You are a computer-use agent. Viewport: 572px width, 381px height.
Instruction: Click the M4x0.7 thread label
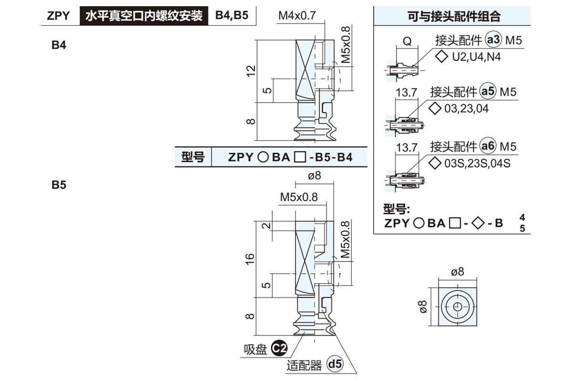(x=297, y=16)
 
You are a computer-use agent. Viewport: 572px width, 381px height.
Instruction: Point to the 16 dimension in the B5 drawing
(x=251, y=258)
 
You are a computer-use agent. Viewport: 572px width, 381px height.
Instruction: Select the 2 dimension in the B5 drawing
(x=266, y=226)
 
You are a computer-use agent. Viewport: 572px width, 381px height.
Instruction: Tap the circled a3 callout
(x=492, y=40)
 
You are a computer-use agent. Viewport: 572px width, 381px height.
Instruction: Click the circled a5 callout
(x=488, y=91)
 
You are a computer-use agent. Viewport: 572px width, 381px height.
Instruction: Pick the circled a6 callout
(x=488, y=146)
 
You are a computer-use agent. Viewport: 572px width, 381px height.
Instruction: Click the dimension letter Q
(x=407, y=41)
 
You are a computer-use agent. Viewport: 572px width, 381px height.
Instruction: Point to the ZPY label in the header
(x=59, y=16)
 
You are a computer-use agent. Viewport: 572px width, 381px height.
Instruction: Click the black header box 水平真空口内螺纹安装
(x=143, y=16)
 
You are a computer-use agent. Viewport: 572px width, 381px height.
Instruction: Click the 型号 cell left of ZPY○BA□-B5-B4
(x=193, y=157)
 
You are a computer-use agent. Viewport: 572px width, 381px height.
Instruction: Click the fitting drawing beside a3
(x=403, y=70)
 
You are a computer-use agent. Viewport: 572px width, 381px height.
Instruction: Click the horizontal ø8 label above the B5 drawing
(x=315, y=176)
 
